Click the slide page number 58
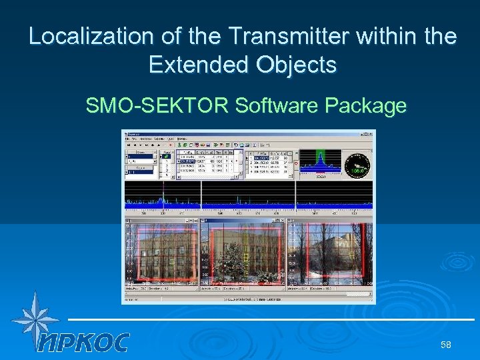coord(445,345)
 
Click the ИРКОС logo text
coord(83,342)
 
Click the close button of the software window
coord(372,133)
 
